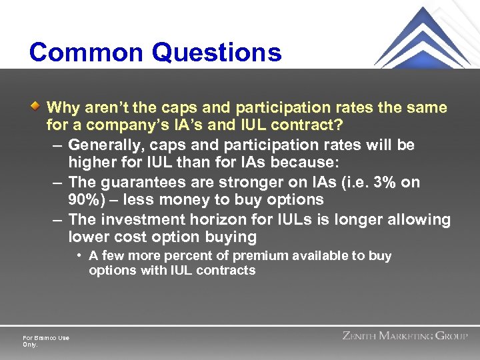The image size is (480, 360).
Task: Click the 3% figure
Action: pos(382,182)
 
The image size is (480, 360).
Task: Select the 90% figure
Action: pos(83,199)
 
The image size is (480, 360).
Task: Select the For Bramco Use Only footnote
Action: pos(45,341)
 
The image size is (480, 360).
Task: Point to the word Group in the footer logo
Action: pos(453,336)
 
